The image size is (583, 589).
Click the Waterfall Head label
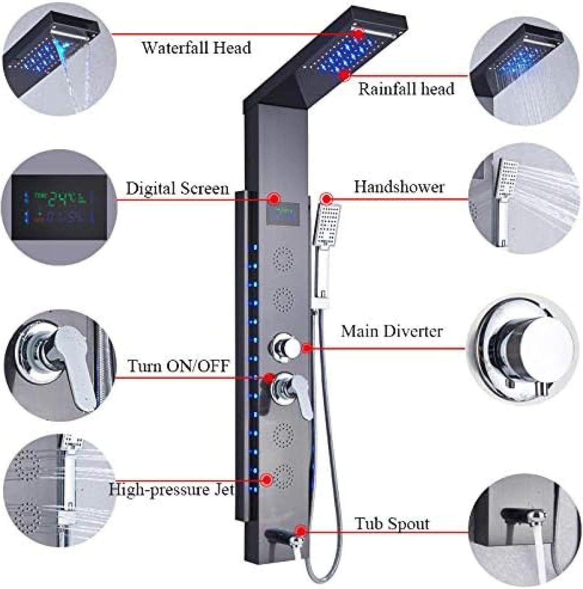(x=196, y=48)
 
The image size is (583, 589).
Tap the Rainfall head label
(x=406, y=89)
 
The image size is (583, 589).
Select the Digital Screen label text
(x=177, y=189)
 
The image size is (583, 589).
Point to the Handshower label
(x=399, y=187)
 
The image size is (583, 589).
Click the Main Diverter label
(x=391, y=331)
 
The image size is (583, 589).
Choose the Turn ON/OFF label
(x=178, y=366)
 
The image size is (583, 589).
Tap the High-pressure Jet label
(x=171, y=490)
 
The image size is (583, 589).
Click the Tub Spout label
(x=392, y=524)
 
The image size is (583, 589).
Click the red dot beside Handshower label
(x=326, y=198)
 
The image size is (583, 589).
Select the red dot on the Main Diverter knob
(x=306, y=348)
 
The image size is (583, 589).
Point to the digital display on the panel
(x=282, y=214)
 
